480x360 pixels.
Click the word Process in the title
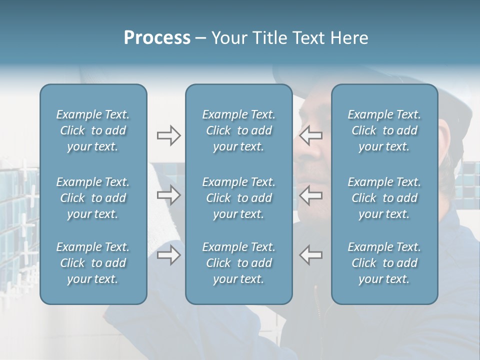[157, 38]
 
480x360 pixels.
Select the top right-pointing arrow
[169, 135]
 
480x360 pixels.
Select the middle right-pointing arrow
[169, 195]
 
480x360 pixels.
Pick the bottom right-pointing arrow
[169, 254]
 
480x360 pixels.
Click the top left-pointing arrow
[311, 135]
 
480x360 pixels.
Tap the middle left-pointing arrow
[311, 195]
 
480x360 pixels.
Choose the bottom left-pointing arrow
[311, 254]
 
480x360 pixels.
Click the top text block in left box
[93, 130]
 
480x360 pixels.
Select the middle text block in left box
[93, 198]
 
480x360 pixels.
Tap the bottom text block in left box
[93, 263]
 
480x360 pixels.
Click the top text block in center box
[238, 130]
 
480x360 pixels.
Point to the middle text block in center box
[238, 198]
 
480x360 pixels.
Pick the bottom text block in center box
[238, 263]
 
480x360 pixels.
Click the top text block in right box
[384, 130]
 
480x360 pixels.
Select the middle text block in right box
[384, 198]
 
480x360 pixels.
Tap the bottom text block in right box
[384, 263]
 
